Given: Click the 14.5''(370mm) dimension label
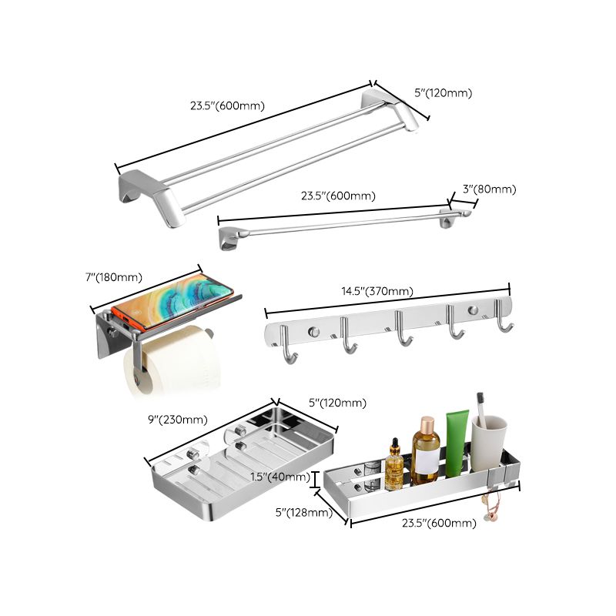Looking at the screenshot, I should coord(377,291).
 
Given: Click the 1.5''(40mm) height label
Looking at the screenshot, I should coord(280,477).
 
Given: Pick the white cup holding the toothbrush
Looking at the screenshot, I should coord(489,444).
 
